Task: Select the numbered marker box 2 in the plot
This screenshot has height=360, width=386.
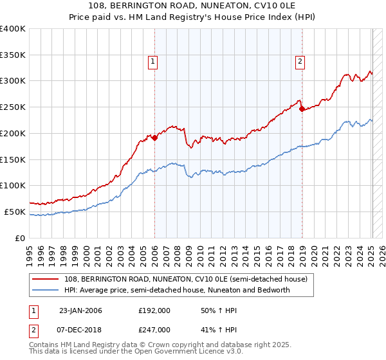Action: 300,62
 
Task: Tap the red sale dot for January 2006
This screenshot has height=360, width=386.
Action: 154,137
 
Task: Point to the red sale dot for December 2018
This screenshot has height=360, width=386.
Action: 302,109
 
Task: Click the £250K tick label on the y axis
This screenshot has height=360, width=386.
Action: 14,107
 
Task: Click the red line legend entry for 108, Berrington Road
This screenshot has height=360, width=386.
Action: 186,279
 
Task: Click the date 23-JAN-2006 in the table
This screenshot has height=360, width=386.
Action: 80,310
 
